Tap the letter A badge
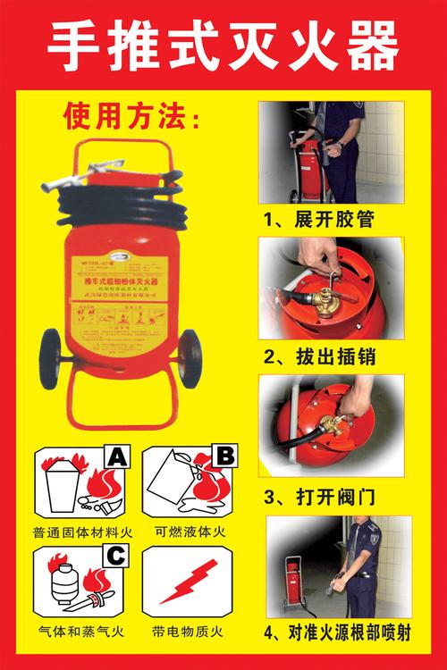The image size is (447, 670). [x=117, y=459]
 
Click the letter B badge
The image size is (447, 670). [x=226, y=459]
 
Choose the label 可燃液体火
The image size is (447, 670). [x=190, y=532]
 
